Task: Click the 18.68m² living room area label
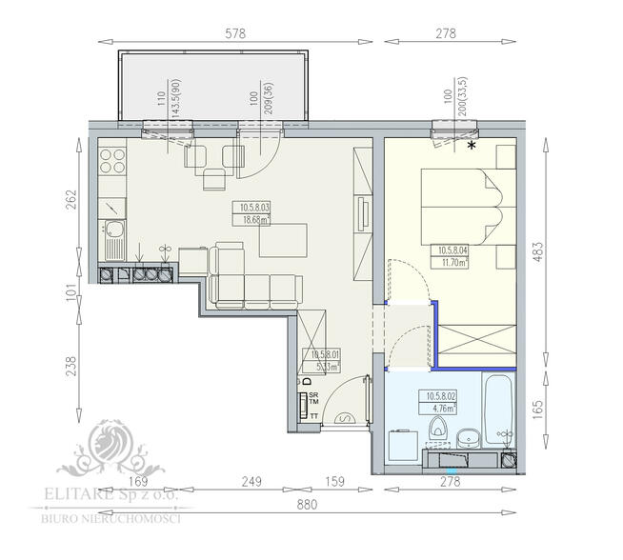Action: click(x=254, y=219)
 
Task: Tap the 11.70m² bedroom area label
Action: click(x=452, y=263)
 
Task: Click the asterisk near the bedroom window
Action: click(x=472, y=146)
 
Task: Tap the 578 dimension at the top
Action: click(x=234, y=33)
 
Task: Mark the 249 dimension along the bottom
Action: click(x=250, y=482)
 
